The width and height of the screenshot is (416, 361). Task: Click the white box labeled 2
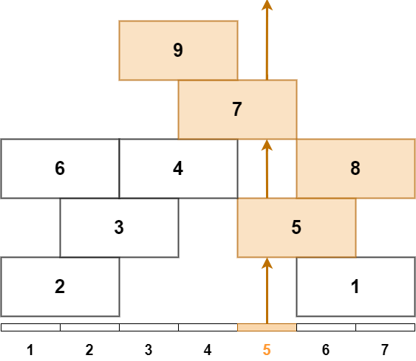coord(60,286)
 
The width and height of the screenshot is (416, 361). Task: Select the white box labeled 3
coord(119,227)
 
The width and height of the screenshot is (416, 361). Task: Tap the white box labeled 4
coord(178,168)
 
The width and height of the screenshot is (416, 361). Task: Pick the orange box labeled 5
coord(296,227)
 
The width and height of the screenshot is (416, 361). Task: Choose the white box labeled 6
coord(60,168)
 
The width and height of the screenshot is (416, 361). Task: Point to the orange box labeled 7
coord(237,109)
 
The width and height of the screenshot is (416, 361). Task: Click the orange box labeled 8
coord(355,168)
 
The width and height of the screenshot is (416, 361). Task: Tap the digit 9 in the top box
coord(177,50)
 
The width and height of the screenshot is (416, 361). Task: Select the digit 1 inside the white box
coord(355,286)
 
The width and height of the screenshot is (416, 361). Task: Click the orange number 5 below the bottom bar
coord(267,350)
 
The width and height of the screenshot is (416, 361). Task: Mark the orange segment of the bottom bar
coord(267,327)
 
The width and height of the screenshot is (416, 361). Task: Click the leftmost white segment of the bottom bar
coord(30,327)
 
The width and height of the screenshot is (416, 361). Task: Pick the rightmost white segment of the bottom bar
coord(385,327)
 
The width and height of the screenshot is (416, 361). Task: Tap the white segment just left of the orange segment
coord(208,327)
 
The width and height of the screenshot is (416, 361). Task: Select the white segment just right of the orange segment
coord(326,327)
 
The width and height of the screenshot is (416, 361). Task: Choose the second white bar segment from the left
coord(89,327)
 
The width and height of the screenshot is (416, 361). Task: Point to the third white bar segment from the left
coord(149,327)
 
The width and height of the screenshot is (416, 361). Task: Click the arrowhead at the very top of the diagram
coord(267,6)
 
